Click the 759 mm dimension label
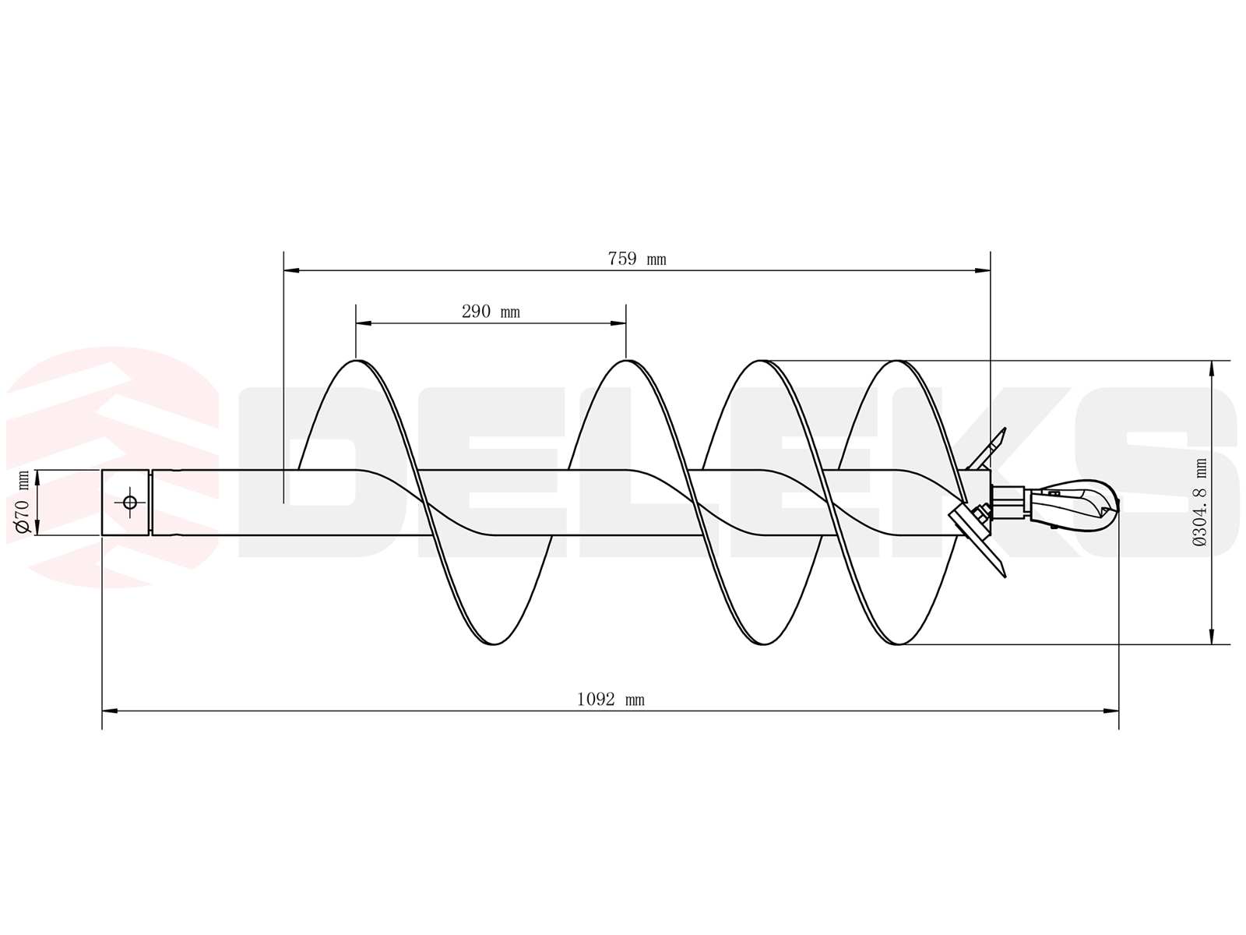pos(636,259)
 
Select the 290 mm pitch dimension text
pos(491,312)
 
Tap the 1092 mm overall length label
pos(611,700)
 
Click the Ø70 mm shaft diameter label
pos(23,503)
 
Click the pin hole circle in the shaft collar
pos(129,503)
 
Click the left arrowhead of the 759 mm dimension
pos(291,271)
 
